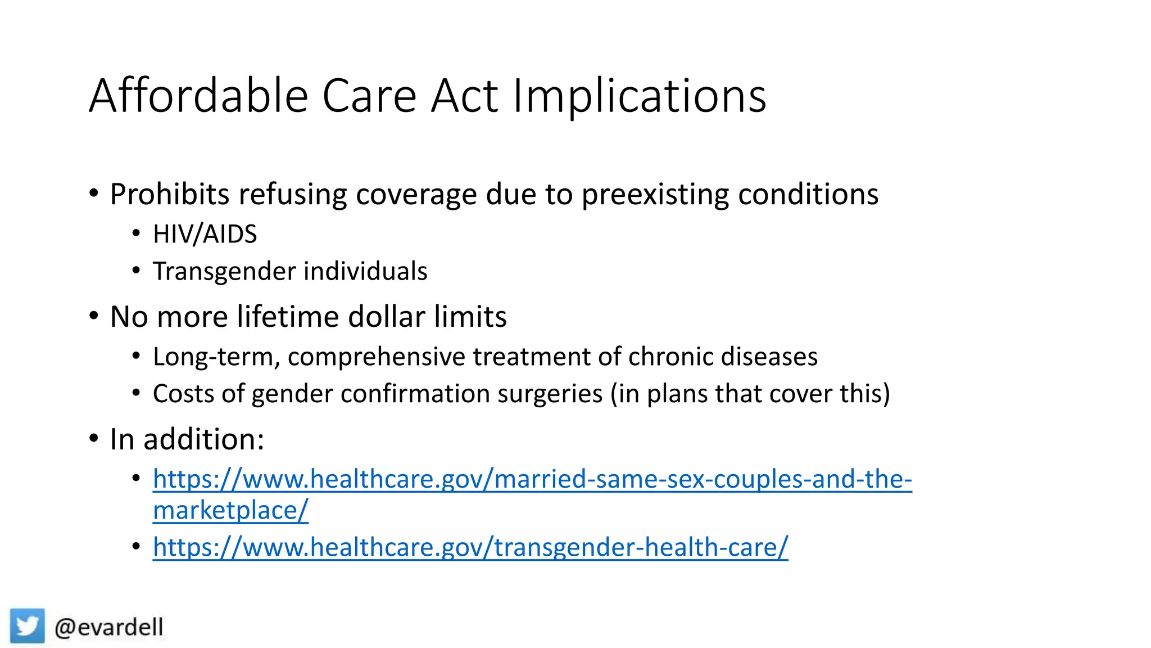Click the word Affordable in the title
pos(198,96)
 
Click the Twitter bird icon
pos(27,625)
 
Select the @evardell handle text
pos(109,627)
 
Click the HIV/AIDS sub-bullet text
pos(205,234)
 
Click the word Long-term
pos(216,357)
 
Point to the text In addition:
pos(187,439)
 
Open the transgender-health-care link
pos(470,547)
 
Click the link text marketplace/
pos(230,510)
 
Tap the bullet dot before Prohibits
pos(94,193)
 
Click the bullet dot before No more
pos(94,316)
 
